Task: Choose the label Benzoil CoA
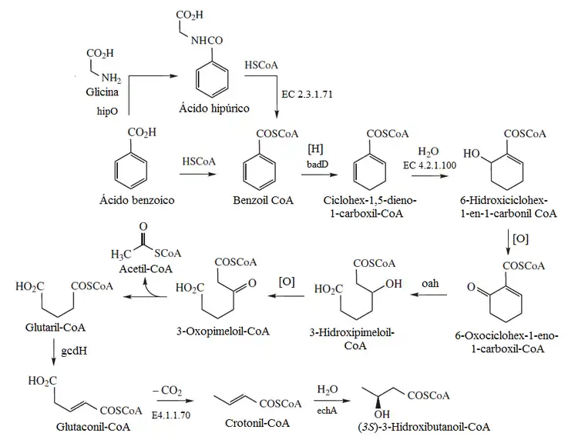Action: pos(264,202)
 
